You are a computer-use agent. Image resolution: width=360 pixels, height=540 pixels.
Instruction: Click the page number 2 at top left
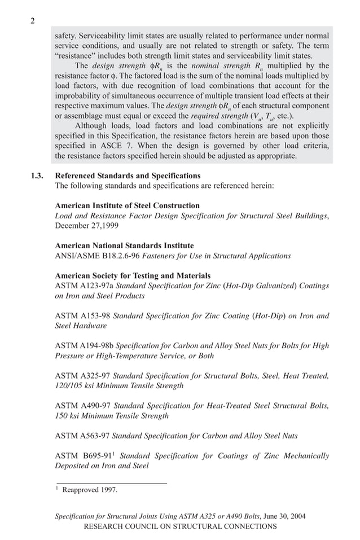pyautogui.click(x=33, y=21)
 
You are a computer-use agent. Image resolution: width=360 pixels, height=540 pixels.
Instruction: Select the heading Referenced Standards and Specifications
pyautogui.click(x=128, y=175)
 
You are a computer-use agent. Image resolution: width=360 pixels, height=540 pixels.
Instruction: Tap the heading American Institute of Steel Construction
pyautogui.click(x=127, y=205)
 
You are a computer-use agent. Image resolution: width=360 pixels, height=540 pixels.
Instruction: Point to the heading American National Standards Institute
pyautogui.click(x=124, y=245)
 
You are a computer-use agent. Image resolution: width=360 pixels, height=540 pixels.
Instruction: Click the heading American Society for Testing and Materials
pyautogui.click(x=133, y=275)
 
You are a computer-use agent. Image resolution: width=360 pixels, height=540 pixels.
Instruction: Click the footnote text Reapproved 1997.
pyautogui.click(x=90, y=490)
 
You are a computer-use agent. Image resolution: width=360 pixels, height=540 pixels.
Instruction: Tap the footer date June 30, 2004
pyautogui.click(x=284, y=516)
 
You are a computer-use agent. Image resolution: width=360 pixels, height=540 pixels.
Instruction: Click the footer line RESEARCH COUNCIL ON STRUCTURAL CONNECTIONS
pyautogui.click(x=180, y=526)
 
